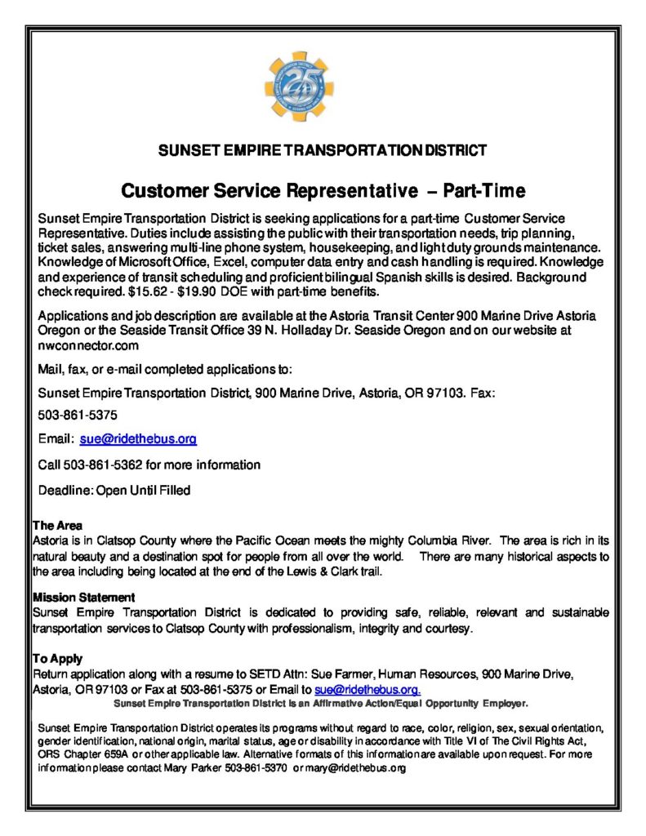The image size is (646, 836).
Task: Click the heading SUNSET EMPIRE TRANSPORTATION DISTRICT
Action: [x=323, y=150]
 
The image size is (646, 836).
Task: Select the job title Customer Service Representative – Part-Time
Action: [x=323, y=192]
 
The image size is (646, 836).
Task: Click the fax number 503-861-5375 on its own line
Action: [x=78, y=415]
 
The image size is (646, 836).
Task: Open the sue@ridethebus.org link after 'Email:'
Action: [x=138, y=439]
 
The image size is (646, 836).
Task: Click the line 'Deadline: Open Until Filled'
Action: [x=114, y=490]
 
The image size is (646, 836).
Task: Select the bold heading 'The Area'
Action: [x=57, y=525]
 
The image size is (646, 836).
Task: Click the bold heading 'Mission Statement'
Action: [x=83, y=598]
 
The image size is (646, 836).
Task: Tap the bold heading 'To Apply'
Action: [x=57, y=658]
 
